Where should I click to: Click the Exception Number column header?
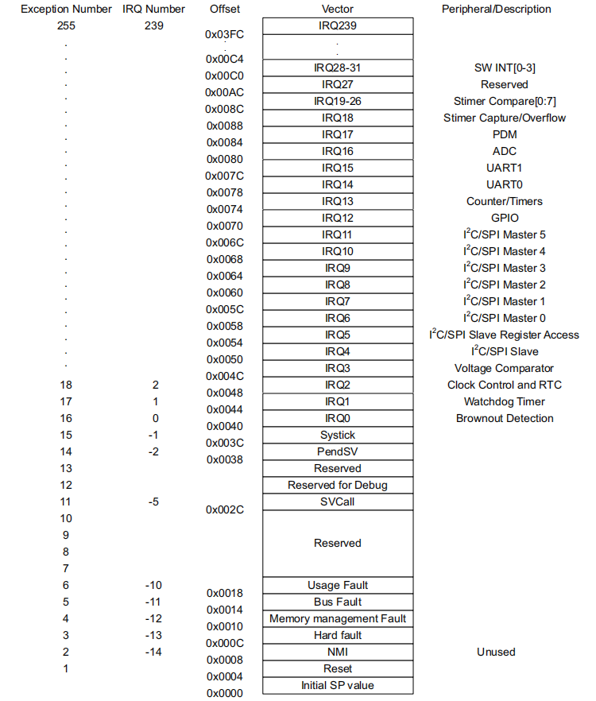point(65,10)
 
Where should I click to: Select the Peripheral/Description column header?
point(496,10)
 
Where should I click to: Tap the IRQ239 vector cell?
point(338,26)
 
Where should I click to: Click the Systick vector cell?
point(338,435)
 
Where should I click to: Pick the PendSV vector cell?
point(338,451)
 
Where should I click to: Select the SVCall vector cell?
point(338,502)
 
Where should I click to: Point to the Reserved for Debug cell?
point(338,485)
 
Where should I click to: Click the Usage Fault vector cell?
point(338,585)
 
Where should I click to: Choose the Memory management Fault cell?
point(338,618)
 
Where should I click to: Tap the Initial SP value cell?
point(338,685)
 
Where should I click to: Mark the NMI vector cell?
point(338,652)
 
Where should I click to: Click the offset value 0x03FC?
point(225,36)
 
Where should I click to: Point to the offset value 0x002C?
point(225,509)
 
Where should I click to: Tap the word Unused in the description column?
point(496,652)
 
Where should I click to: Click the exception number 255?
point(65,26)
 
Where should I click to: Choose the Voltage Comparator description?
point(504,368)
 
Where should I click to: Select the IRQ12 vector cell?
point(338,218)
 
